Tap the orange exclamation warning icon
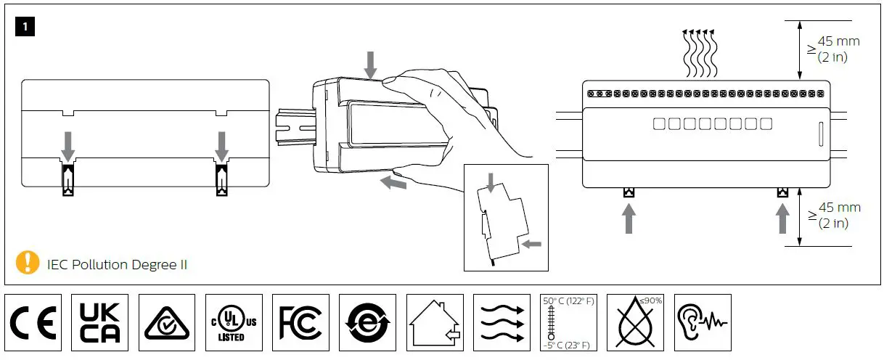click(28, 262)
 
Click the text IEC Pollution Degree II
click(117, 264)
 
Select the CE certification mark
click(34, 322)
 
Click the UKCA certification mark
click(101, 322)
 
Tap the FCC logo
click(300, 322)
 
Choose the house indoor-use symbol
click(434, 323)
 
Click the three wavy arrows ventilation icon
click(501, 323)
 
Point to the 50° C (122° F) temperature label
click(568, 301)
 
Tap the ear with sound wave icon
click(702, 322)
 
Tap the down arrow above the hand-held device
click(371, 65)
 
